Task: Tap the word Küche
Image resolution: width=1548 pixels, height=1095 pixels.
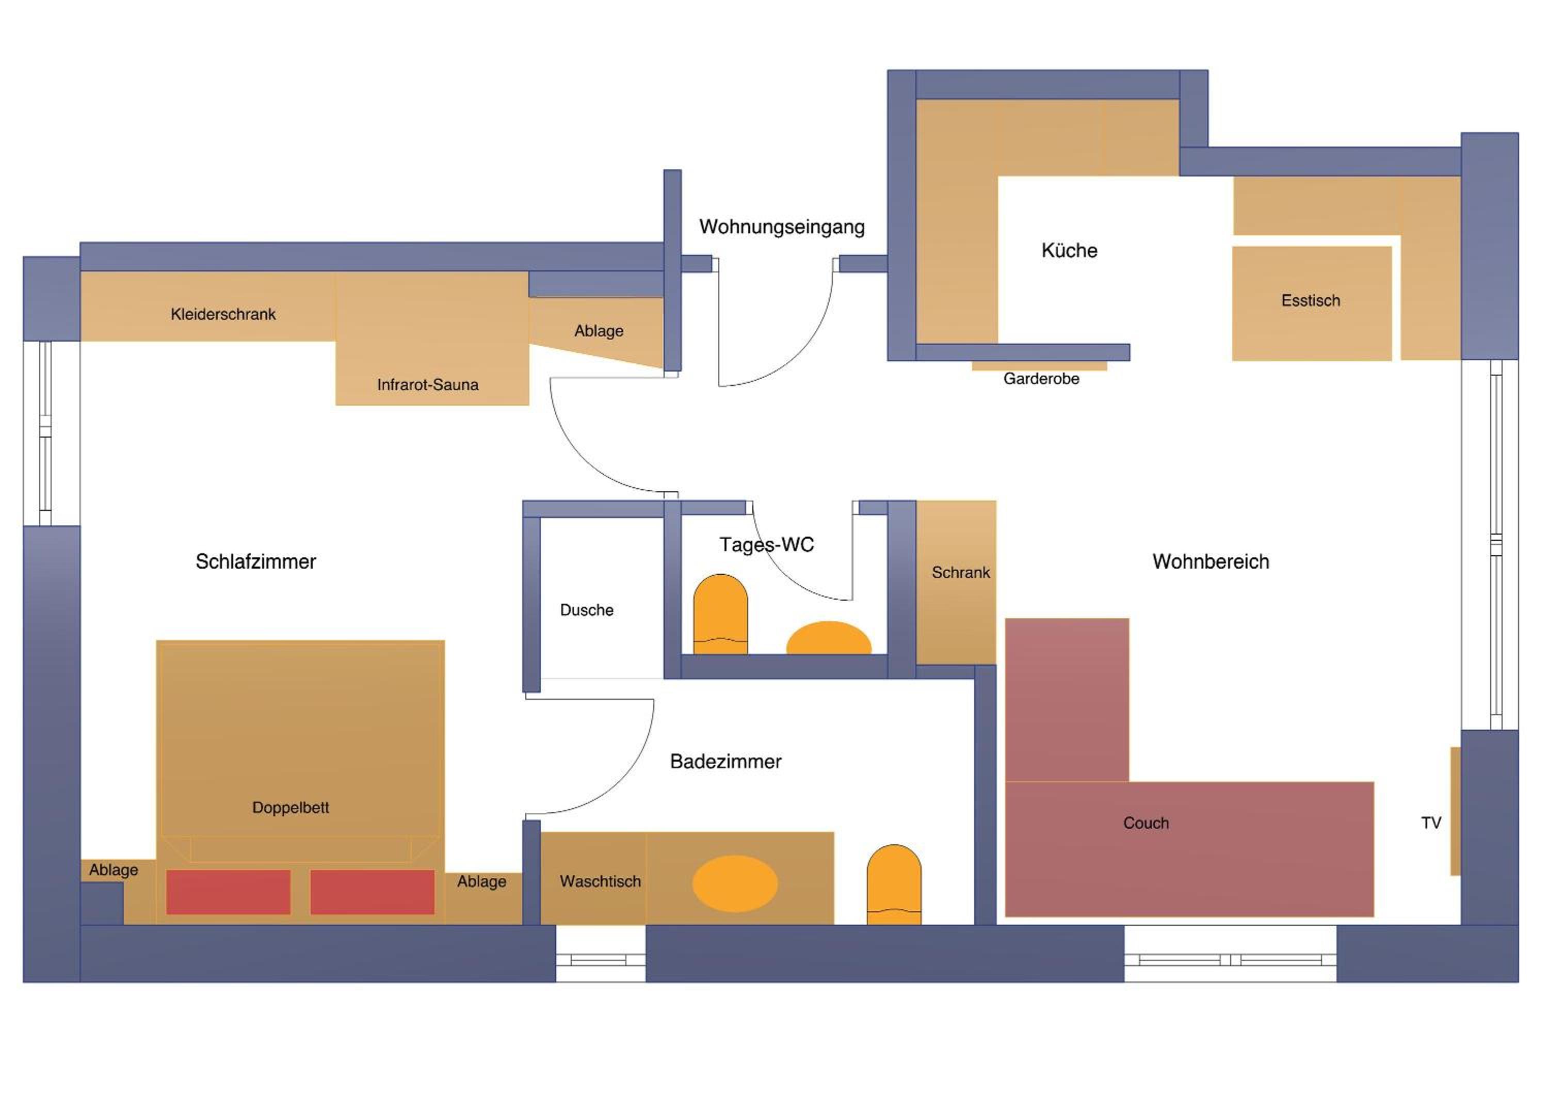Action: coord(1069,251)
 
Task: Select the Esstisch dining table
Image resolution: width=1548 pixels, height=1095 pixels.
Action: coord(1311,303)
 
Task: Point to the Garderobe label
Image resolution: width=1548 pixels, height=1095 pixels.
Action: coord(1041,379)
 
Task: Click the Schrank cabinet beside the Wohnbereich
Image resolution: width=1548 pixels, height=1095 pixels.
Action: coord(956,583)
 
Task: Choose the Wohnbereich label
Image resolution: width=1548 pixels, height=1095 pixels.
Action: coord(1211,561)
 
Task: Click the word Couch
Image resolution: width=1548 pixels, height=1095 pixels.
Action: coord(1146,823)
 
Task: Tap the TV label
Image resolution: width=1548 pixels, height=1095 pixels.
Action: coord(1431,823)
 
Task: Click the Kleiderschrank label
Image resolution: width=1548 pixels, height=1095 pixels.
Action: coord(223,314)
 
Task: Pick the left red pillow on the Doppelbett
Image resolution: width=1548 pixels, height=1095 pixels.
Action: coord(229,892)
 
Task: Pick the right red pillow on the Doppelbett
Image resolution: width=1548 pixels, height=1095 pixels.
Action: coord(372,892)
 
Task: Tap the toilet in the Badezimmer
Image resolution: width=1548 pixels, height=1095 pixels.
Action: coord(894,884)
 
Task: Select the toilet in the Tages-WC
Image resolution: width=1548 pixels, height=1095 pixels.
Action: coord(721,614)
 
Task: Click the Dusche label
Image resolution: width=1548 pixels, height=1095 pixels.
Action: coord(587,610)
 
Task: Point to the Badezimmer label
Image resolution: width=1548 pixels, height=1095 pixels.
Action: coord(725,762)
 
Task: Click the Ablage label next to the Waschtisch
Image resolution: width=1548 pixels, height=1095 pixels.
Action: coord(481,882)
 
